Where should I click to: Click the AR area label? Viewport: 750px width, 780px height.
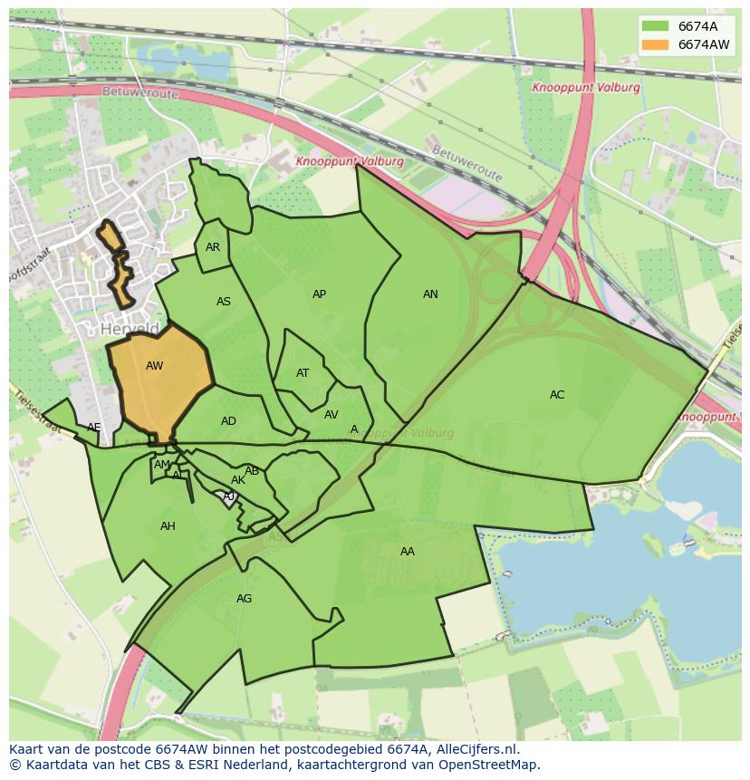click(213, 247)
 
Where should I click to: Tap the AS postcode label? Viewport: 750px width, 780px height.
click(224, 302)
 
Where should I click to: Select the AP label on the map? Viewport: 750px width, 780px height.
click(319, 294)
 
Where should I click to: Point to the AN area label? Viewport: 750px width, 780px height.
click(430, 294)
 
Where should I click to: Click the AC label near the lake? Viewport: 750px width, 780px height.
click(557, 395)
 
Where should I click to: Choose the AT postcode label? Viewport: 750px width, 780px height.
click(303, 373)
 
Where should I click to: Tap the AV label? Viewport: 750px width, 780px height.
click(331, 415)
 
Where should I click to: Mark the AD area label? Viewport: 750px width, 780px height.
click(228, 421)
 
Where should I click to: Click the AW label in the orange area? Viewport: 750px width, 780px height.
click(154, 366)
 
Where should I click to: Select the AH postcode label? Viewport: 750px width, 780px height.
click(168, 526)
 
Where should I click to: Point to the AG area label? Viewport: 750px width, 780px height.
click(244, 599)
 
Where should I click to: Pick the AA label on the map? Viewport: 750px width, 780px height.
click(408, 552)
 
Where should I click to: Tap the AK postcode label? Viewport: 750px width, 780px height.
click(238, 480)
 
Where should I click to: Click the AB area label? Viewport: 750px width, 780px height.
click(252, 471)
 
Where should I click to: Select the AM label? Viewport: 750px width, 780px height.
click(161, 465)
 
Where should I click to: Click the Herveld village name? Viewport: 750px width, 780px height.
click(130, 329)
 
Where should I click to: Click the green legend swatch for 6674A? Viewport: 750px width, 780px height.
click(655, 25)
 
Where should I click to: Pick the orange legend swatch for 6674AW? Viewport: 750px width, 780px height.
click(655, 44)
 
